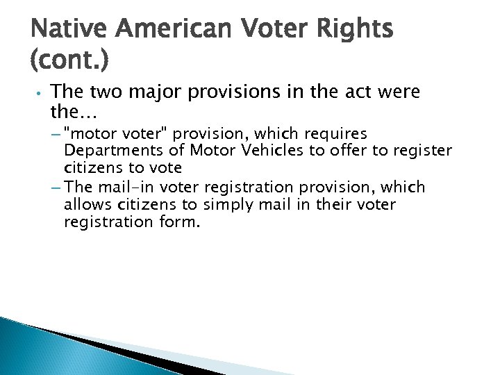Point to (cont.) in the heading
click(69, 63)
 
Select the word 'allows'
click(85, 205)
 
